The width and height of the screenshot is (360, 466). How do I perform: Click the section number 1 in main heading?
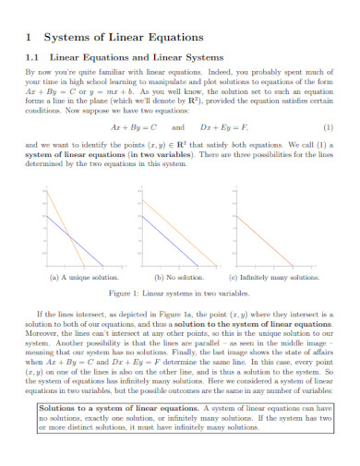[x=31, y=38]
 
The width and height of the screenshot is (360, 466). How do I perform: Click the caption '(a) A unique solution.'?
[x=84, y=277]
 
